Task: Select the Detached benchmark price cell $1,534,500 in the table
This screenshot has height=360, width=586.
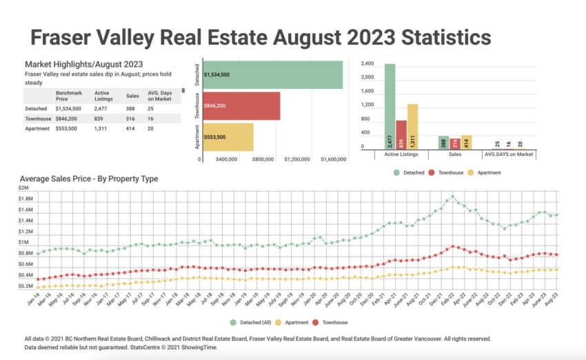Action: (x=68, y=108)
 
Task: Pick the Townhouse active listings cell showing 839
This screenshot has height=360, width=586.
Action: (x=101, y=119)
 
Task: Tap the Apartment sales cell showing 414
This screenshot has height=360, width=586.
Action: (x=132, y=129)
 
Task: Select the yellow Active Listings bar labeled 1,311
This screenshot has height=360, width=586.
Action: (x=412, y=126)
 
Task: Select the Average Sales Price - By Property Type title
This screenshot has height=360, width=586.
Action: (x=89, y=179)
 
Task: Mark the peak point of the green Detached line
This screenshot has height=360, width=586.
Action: (x=452, y=195)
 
